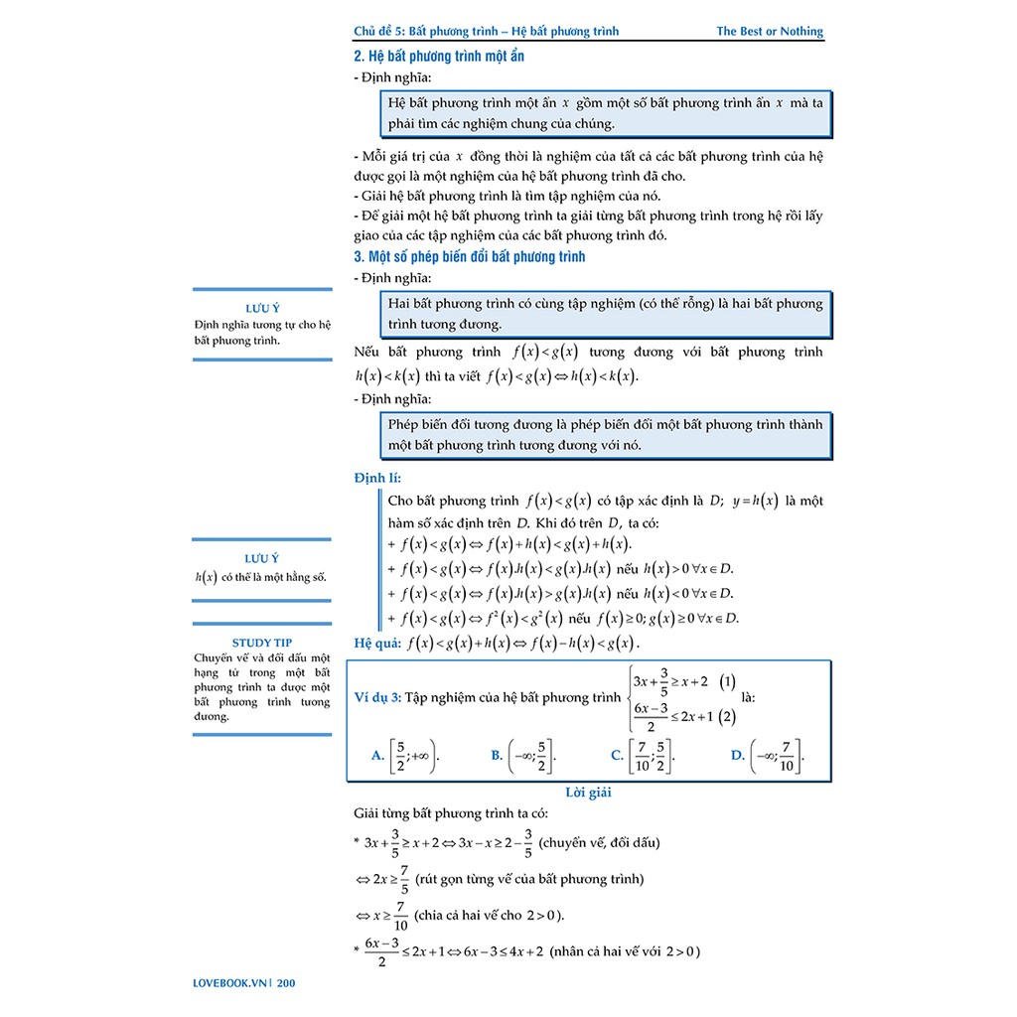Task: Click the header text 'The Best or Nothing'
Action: tap(770, 31)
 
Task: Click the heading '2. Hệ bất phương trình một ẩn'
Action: tap(439, 56)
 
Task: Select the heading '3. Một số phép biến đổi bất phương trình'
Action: tap(469, 256)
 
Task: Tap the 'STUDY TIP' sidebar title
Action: tap(262, 643)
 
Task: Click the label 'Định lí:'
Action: tap(377, 478)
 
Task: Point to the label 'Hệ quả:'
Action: tap(377, 643)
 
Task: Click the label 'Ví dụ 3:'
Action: tap(377, 697)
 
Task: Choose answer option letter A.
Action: tap(377, 756)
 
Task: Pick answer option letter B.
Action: tap(497, 756)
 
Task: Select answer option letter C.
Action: tap(617, 756)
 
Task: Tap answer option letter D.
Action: tap(737, 756)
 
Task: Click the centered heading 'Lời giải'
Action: tap(588, 792)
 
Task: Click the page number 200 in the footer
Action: tap(287, 984)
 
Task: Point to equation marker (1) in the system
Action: tap(728, 682)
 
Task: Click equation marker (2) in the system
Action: tap(728, 716)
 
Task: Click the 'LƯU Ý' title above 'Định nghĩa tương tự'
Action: tap(262, 308)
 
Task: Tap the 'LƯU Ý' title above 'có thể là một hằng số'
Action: tap(262, 559)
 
